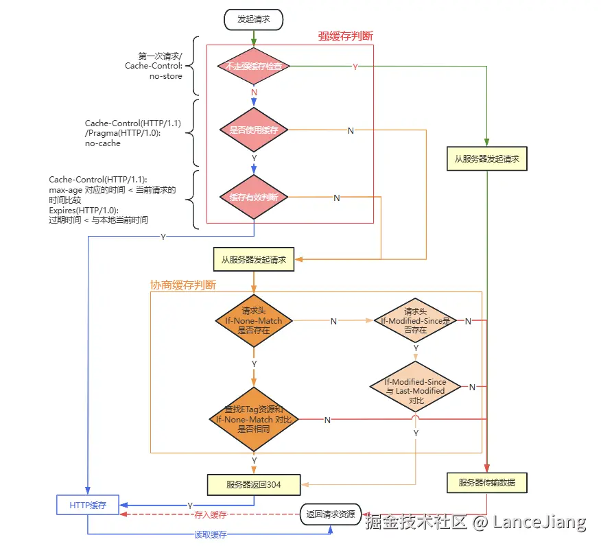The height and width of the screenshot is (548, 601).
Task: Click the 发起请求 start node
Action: [253, 19]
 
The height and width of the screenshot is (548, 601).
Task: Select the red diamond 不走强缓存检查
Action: [254, 67]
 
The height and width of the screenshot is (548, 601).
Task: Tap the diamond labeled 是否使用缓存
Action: [254, 130]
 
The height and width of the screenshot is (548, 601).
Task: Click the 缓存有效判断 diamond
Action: [254, 197]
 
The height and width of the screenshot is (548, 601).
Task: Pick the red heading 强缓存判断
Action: [345, 36]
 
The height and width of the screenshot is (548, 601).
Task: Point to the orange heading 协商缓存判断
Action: [183, 285]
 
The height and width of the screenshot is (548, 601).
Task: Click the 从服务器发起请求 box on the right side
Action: [486, 158]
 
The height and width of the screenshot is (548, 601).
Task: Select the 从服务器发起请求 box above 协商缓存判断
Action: [253, 260]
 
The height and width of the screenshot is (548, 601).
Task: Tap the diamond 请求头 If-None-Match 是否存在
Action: [254, 320]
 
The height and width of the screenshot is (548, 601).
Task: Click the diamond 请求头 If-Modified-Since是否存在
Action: [416, 320]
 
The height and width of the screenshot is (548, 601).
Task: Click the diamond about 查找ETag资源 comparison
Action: [254, 419]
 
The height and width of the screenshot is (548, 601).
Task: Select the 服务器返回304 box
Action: [253, 484]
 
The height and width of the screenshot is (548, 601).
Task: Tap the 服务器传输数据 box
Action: [486, 483]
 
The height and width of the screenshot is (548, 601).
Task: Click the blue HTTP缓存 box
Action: [87, 505]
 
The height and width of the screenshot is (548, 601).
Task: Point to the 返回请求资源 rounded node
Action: [331, 514]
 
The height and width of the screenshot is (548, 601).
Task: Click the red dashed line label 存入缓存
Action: [210, 514]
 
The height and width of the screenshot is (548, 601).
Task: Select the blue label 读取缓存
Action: [210, 534]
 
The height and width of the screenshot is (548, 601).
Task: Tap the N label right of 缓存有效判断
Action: [336, 198]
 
